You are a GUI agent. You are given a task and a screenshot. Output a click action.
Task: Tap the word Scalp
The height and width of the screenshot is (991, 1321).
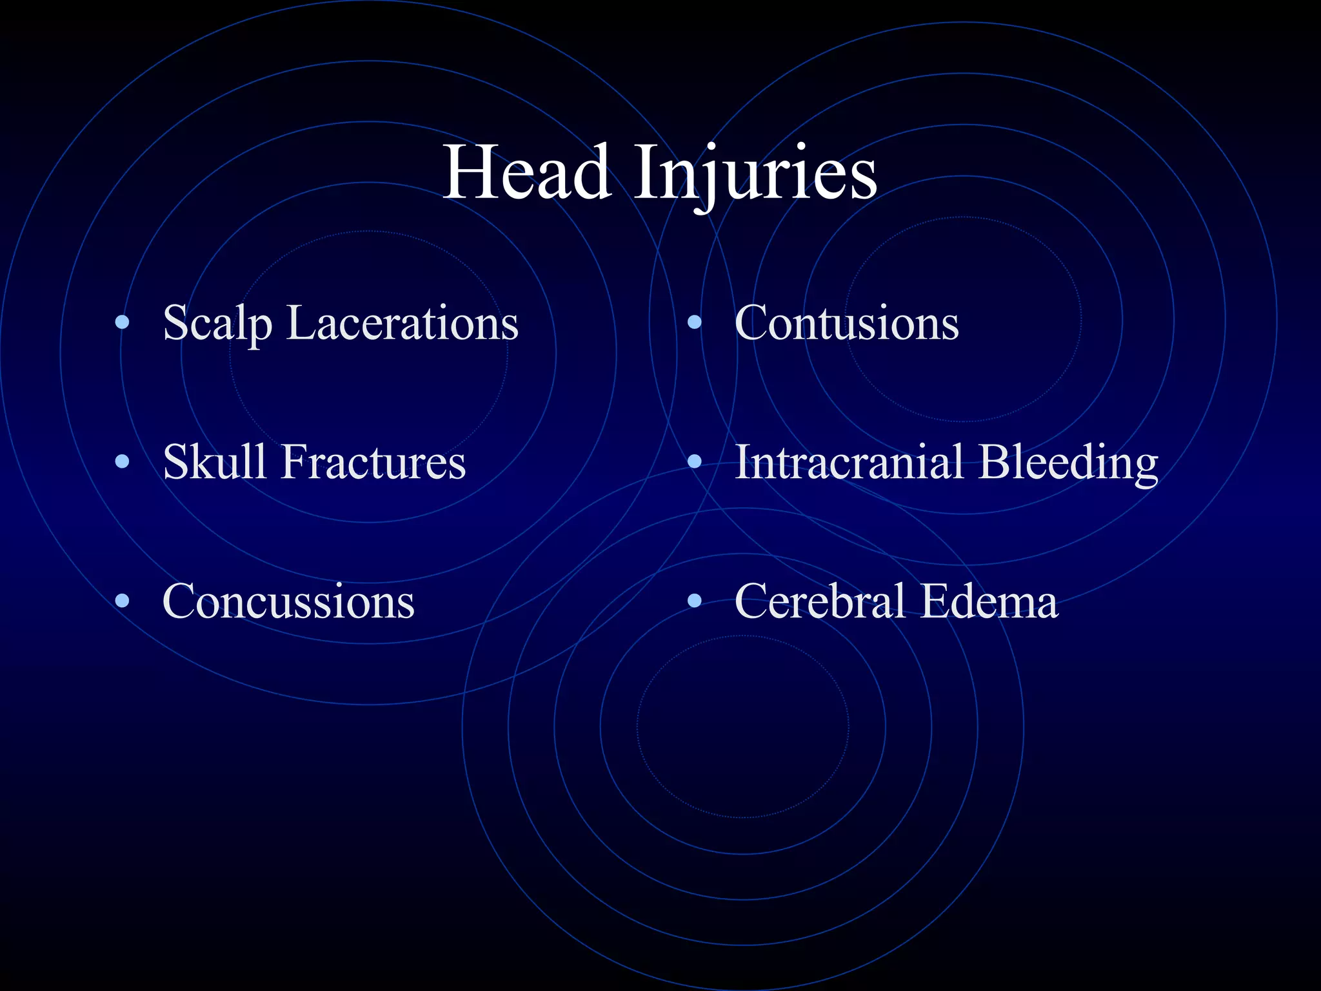click(217, 324)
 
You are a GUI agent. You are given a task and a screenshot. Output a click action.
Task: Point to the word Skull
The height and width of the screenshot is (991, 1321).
click(214, 462)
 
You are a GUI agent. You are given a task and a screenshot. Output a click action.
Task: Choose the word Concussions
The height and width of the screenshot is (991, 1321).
click(288, 601)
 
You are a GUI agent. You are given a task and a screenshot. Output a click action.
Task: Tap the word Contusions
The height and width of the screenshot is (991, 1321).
click(846, 323)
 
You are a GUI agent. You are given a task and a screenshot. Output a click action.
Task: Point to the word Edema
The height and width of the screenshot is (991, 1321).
click(989, 601)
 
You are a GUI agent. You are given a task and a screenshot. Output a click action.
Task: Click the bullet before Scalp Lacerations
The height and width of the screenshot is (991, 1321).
click(122, 323)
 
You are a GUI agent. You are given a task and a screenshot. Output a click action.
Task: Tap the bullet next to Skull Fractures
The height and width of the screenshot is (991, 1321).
click(122, 461)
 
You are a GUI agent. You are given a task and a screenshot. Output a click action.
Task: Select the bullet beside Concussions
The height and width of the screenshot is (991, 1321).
click(122, 601)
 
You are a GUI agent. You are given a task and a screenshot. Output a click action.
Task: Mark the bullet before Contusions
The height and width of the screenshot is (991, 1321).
click(694, 323)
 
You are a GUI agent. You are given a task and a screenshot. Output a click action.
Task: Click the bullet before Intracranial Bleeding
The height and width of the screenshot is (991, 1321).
click(694, 461)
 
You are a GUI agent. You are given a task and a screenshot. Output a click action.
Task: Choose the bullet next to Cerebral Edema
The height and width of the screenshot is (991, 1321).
click(694, 601)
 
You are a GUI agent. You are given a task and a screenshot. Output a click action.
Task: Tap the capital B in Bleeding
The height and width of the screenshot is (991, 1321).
click(995, 462)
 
